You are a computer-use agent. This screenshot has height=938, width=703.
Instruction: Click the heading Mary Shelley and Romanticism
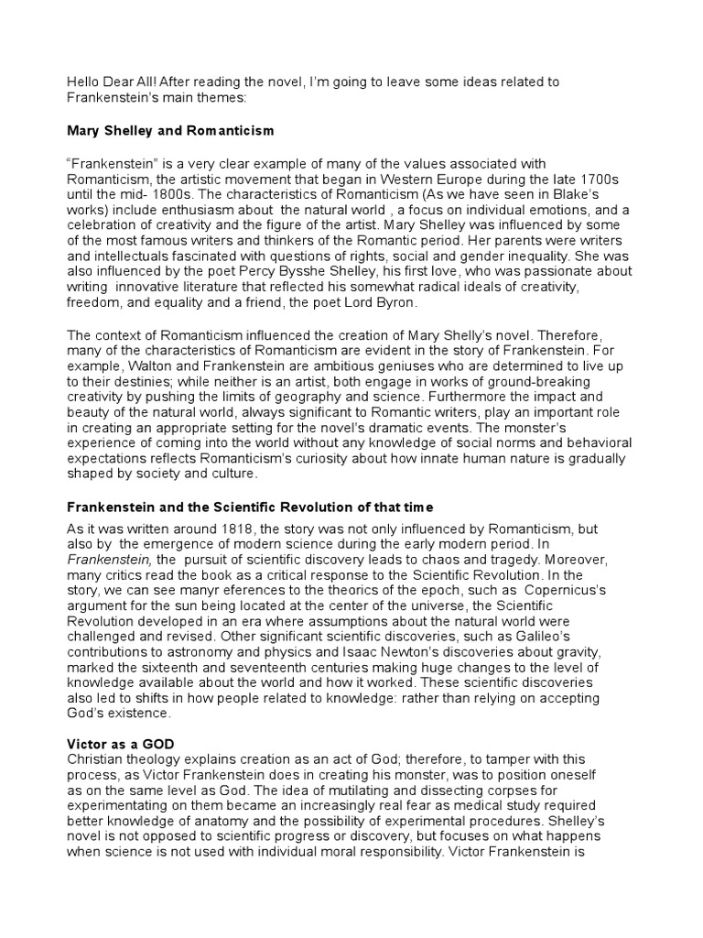[x=169, y=131]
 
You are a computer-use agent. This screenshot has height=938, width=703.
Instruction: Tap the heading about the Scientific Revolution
[x=250, y=507]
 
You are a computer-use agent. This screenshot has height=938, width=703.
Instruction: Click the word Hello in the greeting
[x=84, y=82]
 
